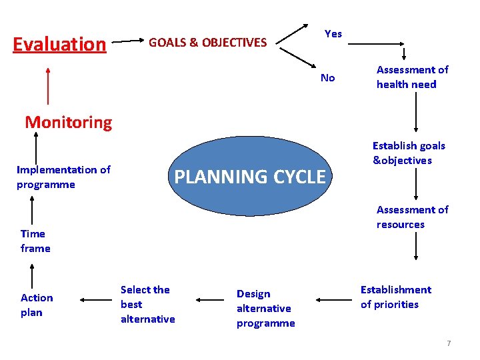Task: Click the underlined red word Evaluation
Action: (x=59, y=44)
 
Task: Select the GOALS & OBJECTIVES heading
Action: (x=207, y=43)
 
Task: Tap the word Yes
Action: (x=333, y=33)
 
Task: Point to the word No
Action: (x=327, y=78)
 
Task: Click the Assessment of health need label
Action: (x=412, y=77)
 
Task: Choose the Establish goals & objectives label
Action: (x=409, y=153)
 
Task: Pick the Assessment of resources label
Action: (x=412, y=217)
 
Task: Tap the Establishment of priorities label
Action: (x=395, y=297)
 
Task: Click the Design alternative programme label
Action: (x=265, y=308)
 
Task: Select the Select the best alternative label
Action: (x=147, y=304)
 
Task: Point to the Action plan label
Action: (x=37, y=305)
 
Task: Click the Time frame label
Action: (x=35, y=241)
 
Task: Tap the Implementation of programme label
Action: (x=63, y=177)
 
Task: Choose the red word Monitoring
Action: (x=69, y=122)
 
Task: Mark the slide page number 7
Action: (x=449, y=343)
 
